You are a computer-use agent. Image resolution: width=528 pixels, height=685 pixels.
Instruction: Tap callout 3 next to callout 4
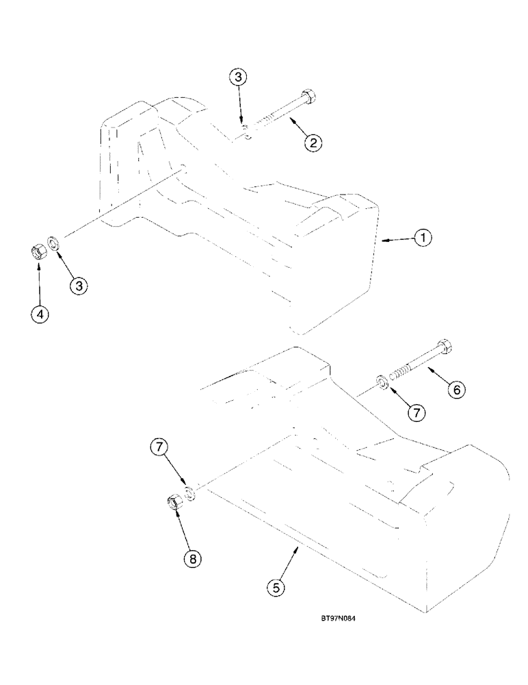[79, 285]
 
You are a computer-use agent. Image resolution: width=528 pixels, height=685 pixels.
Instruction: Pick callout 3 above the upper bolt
[239, 77]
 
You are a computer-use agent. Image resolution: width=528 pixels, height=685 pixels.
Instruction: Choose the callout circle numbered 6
[456, 388]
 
